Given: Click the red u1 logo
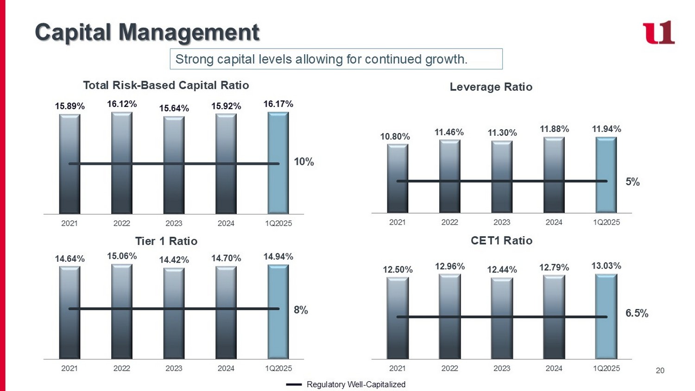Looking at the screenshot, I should pyautogui.click(x=658, y=32).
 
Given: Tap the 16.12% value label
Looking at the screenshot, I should pyautogui.click(x=122, y=104).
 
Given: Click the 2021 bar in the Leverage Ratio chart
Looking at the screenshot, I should pyautogui.click(x=398, y=178).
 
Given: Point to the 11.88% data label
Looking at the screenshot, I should pyautogui.click(x=554, y=129).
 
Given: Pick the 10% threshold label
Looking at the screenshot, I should pyautogui.click(x=304, y=162).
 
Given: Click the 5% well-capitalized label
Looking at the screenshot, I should pyautogui.click(x=632, y=182).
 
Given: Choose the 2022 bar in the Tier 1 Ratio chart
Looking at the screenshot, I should pyautogui.click(x=122, y=311).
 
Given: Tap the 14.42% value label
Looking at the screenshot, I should pyautogui.click(x=174, y=260).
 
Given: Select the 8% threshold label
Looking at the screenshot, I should pyautogui.click(x=301, y=310).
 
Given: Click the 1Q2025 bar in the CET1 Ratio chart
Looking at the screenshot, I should pyautogui.click(x=606, y=316).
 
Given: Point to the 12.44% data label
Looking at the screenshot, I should pyautogui.click(x=502, y=270).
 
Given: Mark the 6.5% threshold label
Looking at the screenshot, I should pyautogui.click(x=637, y=313).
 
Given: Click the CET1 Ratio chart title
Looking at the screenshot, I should pyautogui.click(x=501, y=240).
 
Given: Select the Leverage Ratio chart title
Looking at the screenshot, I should pyautogui.click(x=491, y=87).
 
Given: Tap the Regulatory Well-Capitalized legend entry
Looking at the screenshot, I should pyautogui.click(x=355, y=385).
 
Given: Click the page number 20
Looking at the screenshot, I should pyautogui.click(x=660, y=371).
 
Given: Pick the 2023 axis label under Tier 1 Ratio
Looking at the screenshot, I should pyautogui.click(x=174, y=368).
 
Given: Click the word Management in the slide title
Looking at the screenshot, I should pyautogui.click(x=189, y=32).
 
